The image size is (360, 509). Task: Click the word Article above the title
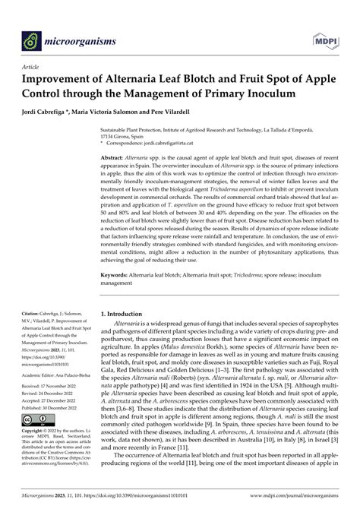pos(33,66)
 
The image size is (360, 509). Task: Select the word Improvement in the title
pos(62,78)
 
